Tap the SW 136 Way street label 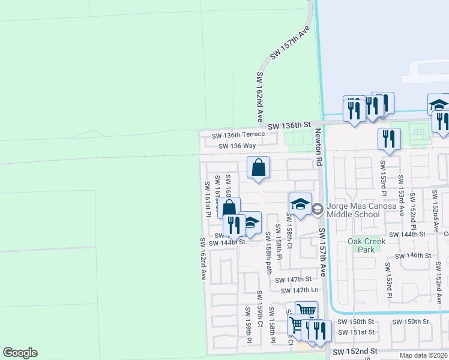(x=237, y=146)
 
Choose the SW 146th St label (x=411, y=256)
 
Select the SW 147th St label (x=294, y=280)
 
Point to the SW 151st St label (x=356, y=332)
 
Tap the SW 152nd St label (x=355, y=351)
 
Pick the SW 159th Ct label (x=260, y=308)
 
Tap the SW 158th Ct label (x=289, y=232)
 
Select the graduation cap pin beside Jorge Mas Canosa (x=300, y=205)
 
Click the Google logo (x=20, y=353)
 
